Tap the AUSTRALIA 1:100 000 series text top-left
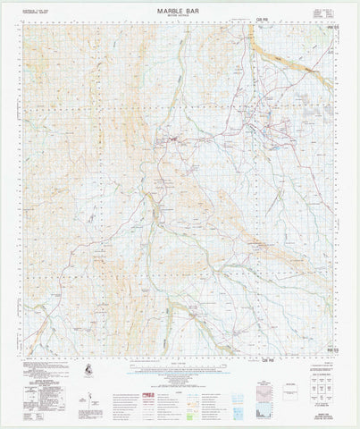[38, 11]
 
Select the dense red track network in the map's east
[268, 125]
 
